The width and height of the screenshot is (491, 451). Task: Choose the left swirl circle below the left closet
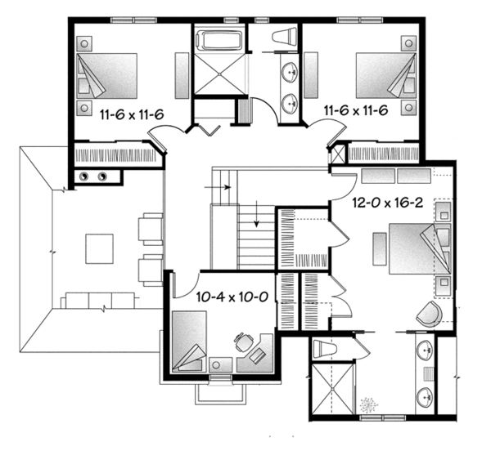tap(82, 176)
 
